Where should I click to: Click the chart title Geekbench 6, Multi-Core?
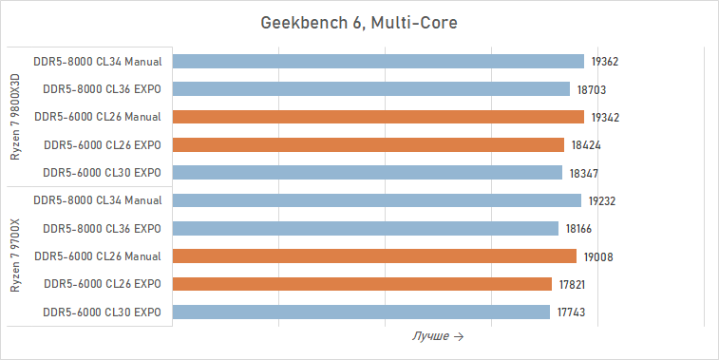pyautogui.click(x=359, y=23)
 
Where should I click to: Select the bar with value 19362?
pyautogui.click(x=379, y=62)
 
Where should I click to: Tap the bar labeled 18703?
pyautogui.click(x=372, y=89)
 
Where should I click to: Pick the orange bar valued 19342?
pyautogui.click(x=379, y=117)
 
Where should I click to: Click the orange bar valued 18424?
pyautogui.click(x=369, y=145)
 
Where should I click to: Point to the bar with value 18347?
pyautogui.click(x=369, y=173)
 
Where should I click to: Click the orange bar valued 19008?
pyautogui.click(x=375, y=256)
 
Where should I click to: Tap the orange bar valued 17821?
pyautogui.click(x=363, y=284)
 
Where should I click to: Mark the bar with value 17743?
pyautogui.click(x=362, y=313)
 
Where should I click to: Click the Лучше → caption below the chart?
pyautogui.click(x=438, y=337)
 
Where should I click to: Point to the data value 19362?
pyautogui.click(x=605, y=62)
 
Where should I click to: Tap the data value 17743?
pyautogui.click(x=572, y=313)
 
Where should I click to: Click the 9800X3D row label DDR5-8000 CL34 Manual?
pyautogui.click(x=97, y=62)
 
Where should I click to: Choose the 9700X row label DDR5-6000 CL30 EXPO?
pyautogui.click(x=103, y=313)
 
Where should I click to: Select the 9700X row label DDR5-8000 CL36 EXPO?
pyautogui.click(x=103, y=229)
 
